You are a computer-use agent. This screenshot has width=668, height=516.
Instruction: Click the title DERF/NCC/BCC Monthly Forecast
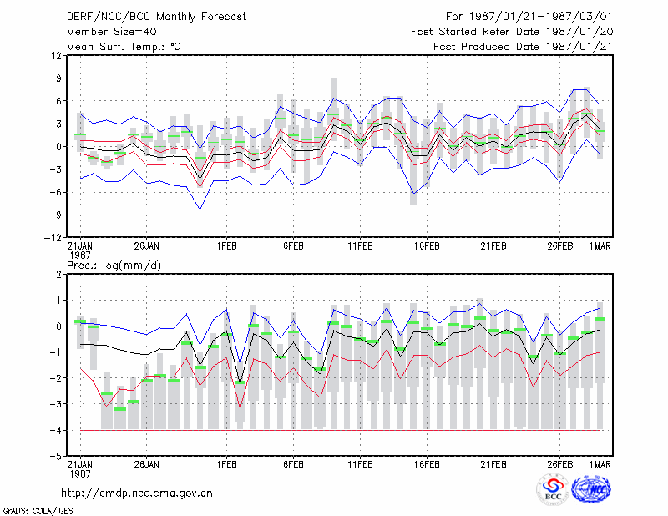click(156, 17)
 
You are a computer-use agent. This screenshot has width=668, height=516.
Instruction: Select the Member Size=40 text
click(112, 32)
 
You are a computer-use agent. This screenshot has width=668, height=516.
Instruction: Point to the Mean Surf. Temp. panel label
click(124, 47)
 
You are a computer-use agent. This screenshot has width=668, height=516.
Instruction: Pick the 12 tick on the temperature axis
click(57, 56)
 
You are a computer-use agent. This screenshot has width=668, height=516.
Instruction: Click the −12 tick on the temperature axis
click(53, 238)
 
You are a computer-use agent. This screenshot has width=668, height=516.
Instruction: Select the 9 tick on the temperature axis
click(58, 78)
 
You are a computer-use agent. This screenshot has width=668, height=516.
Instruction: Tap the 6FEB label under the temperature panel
click(294, 246)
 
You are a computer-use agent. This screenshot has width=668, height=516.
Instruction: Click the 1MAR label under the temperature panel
click(600, 246)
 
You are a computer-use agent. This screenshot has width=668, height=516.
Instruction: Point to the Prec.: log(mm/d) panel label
click(114, 266)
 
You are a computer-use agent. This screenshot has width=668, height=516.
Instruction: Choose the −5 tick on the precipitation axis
click(56, 456)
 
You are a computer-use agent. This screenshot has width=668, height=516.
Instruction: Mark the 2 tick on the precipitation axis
click(58, 275)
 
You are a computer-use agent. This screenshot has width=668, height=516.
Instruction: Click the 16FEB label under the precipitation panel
click(427, 464)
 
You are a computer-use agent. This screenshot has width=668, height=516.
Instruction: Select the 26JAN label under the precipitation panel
click(147, 464)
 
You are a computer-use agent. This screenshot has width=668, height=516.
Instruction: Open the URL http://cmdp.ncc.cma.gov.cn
click(137, 493)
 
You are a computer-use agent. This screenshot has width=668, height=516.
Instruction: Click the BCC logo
click(553, 489)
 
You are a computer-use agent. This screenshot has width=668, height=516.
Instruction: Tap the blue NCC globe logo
click(591, 489)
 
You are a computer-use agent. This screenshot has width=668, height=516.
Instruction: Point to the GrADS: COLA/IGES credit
click(38, 511)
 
